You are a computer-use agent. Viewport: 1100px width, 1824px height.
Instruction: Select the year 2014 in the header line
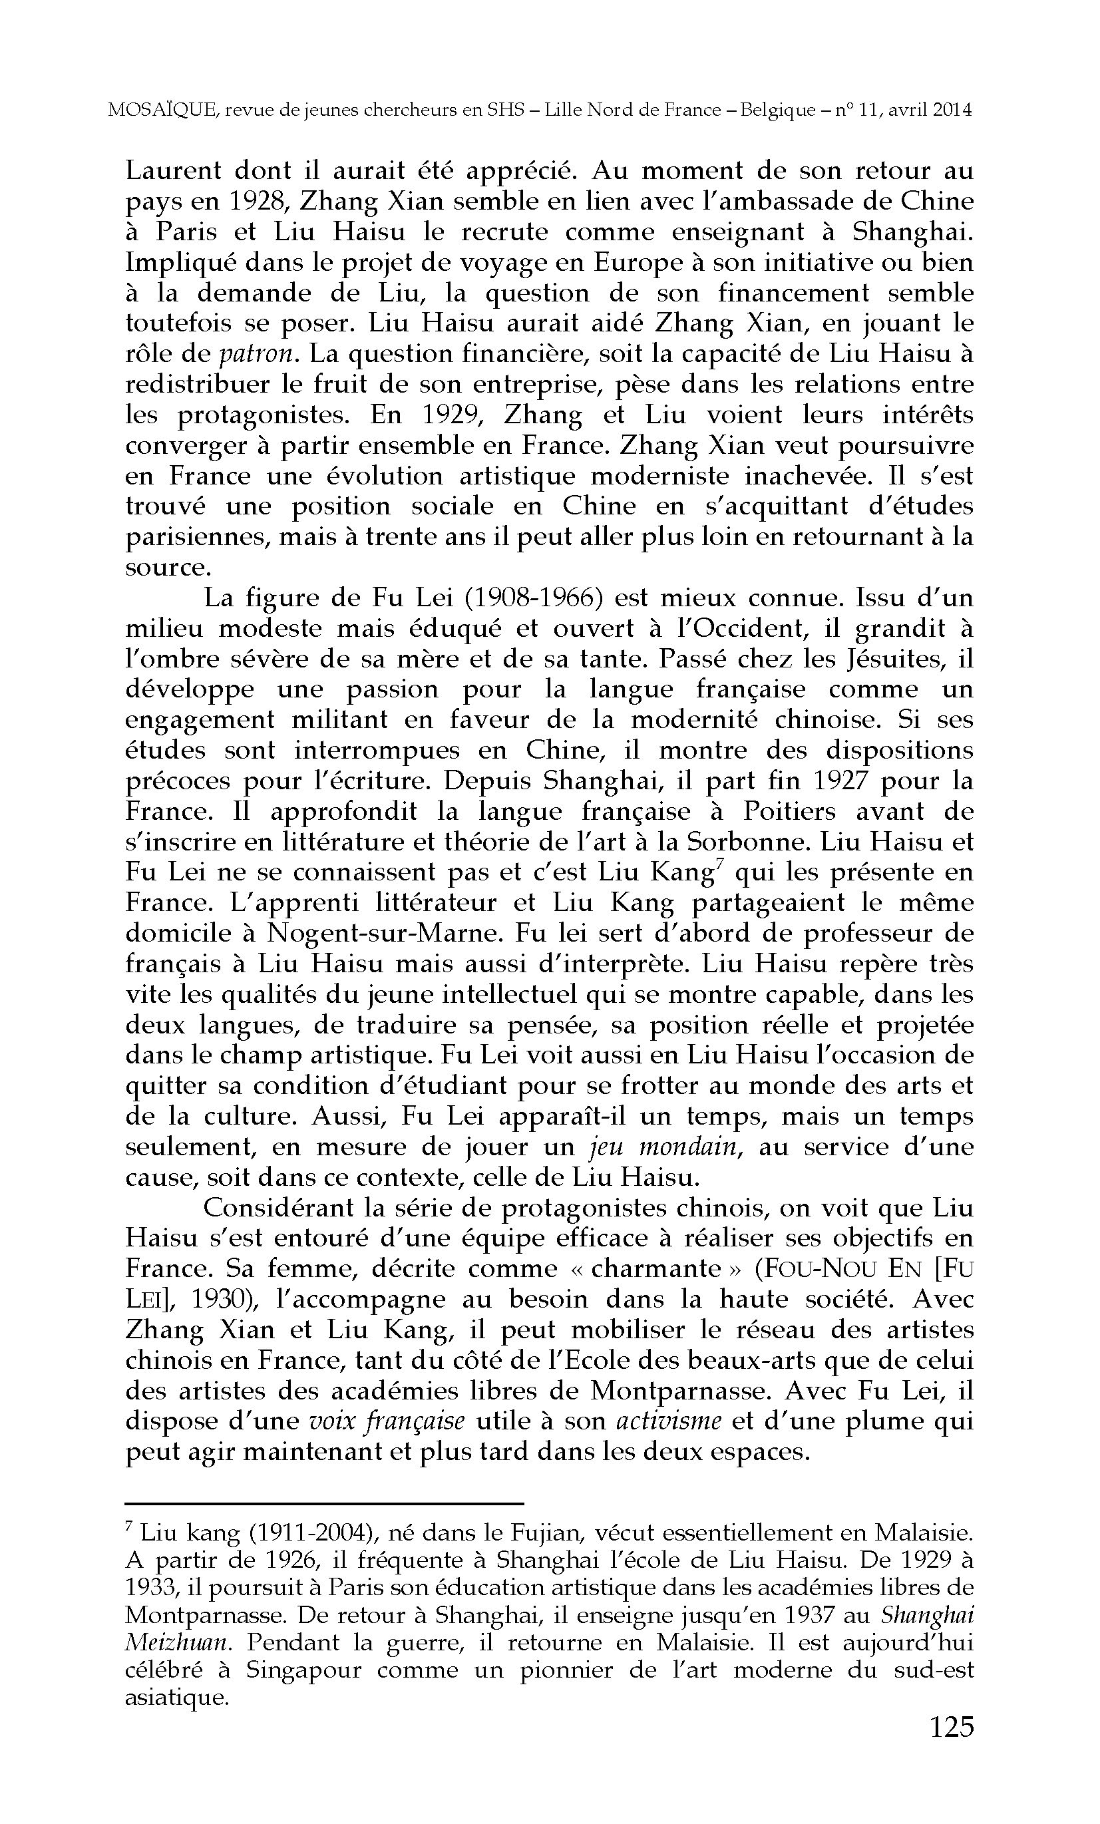[x=952, y=110]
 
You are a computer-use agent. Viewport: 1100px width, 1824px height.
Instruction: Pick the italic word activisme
[x=669, y=1421]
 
